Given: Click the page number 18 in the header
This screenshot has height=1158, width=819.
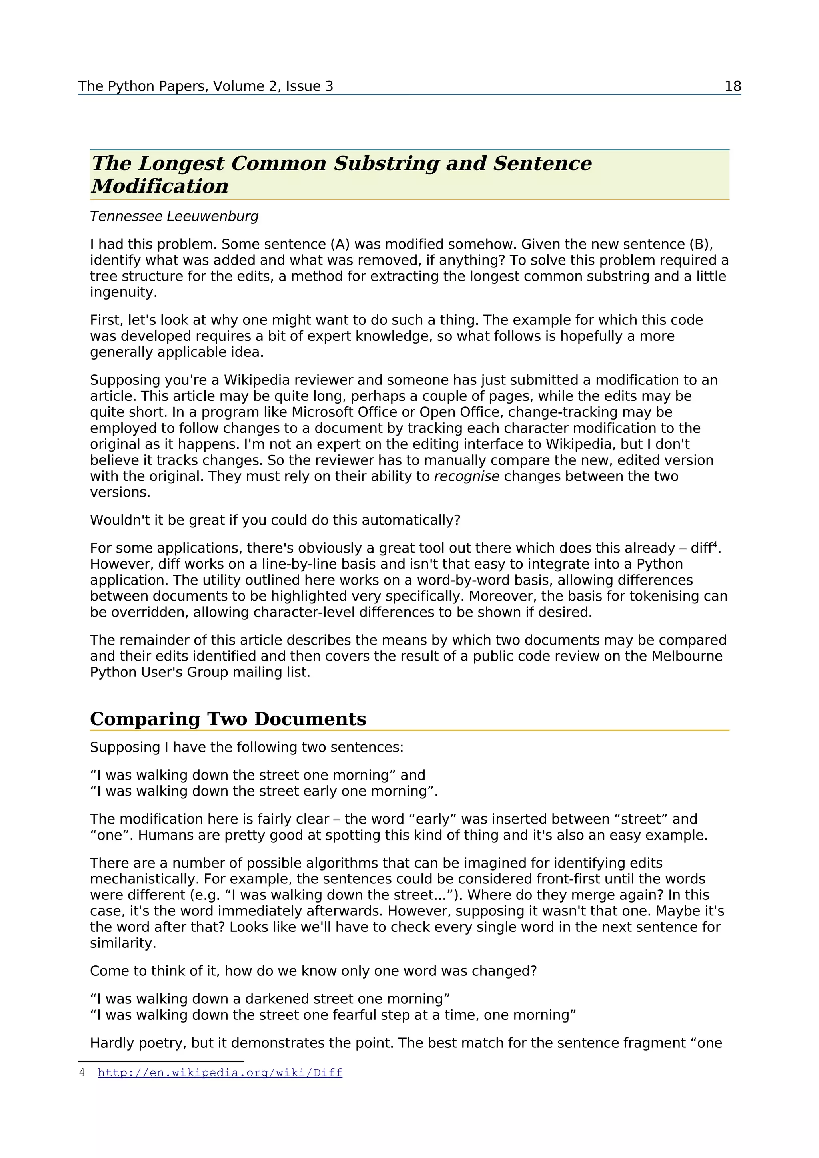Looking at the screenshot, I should click(x=732, y=86).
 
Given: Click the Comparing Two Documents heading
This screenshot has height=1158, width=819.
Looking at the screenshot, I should click(x=228, y=719).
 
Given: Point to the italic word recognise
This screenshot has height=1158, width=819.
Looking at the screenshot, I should click(x=466, y=476).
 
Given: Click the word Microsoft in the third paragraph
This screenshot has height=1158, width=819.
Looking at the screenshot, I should click(x=322, y=412).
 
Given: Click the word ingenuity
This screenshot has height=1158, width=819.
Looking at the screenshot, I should click(x=123, y=292).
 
